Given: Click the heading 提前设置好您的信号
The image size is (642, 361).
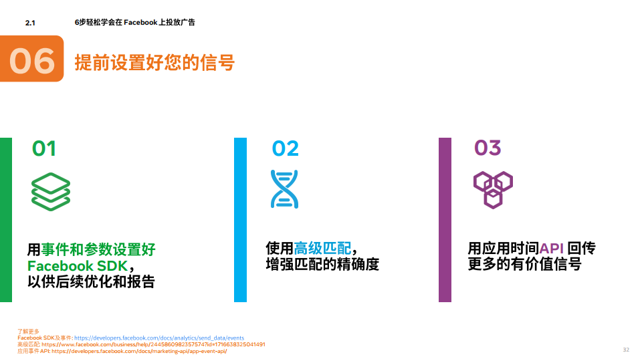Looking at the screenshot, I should point(154,63).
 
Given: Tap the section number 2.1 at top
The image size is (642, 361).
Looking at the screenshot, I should point(29,23).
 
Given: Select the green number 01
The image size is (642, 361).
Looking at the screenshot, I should point(44,148).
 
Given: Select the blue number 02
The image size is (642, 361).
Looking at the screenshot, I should point(285,148).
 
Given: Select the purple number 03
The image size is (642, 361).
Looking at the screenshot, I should point(488,148).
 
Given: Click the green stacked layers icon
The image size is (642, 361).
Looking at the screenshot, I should point(51,192).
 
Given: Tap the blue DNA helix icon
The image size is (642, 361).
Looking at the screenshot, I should point(284,189).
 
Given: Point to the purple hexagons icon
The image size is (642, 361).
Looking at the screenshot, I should point(493,190).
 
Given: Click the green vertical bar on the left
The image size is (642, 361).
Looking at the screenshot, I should point(6,219).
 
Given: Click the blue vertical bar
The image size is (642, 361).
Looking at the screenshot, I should point(240,219).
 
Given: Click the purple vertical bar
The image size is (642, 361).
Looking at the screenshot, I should point(445,219).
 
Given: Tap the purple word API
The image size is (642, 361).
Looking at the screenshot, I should point(552,249).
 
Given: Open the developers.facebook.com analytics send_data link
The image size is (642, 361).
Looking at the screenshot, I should point(159,338).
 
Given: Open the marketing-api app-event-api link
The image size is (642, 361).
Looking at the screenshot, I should point(139,351).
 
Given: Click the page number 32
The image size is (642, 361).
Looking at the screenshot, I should point(626,350).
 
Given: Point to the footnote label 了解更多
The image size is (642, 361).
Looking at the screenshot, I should point(29,332).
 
